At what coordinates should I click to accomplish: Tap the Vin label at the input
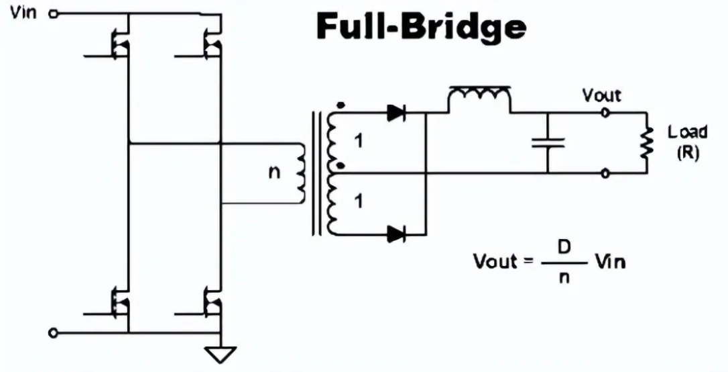pos(24,13)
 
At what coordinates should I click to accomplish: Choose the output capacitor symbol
pos(548,142)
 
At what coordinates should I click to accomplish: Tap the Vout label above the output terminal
pos(601,95)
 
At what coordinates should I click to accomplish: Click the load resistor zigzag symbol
pos(647,143)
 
